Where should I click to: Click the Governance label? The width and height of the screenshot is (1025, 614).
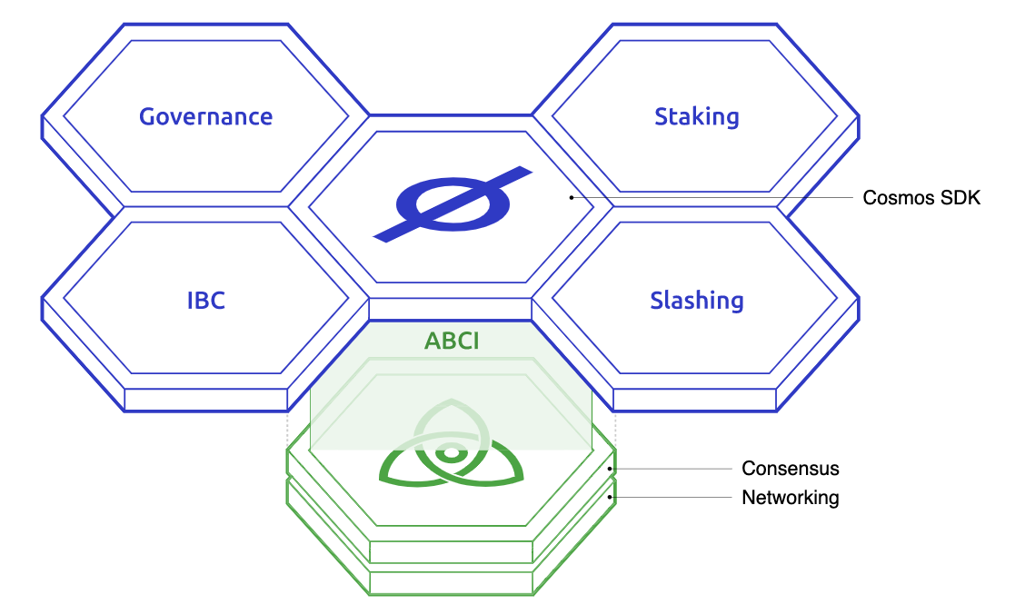click(x=206, y=117)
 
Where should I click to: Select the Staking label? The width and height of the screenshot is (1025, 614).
click(x=697, y=117)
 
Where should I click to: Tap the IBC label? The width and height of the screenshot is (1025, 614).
click(x=206, y=301)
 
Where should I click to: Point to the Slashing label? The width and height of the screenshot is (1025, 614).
click(x=697, y=301)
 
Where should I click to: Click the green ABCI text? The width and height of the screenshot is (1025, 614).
click(x=452, y=341)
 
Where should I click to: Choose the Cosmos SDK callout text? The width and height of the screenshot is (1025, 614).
click(x=921, y=198)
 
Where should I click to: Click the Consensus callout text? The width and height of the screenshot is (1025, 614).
click(x=791, y=469)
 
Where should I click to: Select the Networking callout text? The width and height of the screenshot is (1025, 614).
click(x=791, y=498)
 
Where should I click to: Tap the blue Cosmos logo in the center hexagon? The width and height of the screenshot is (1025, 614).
click(x=453, y=204)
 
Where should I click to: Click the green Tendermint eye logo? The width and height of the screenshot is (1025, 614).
click(x=451, y=443)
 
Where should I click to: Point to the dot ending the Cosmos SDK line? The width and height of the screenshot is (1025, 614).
click(x=572, y=197)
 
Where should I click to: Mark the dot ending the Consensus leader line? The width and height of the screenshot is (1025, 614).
click(x=610, y=469)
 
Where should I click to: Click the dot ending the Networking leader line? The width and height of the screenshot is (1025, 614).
click(x=610, y=497)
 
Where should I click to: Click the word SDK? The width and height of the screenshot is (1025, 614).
click(x=961, y=198)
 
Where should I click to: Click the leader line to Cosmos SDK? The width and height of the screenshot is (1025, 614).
click(x=712, y=197)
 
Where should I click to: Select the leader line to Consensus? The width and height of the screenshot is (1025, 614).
click(x=671, y=469)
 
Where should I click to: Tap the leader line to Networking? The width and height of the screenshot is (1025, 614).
click(x=671, y=497)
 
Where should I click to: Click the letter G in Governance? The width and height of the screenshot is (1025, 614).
click(x=147, y=117)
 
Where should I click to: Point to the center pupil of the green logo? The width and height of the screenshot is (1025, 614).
click(x=451, y=452)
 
